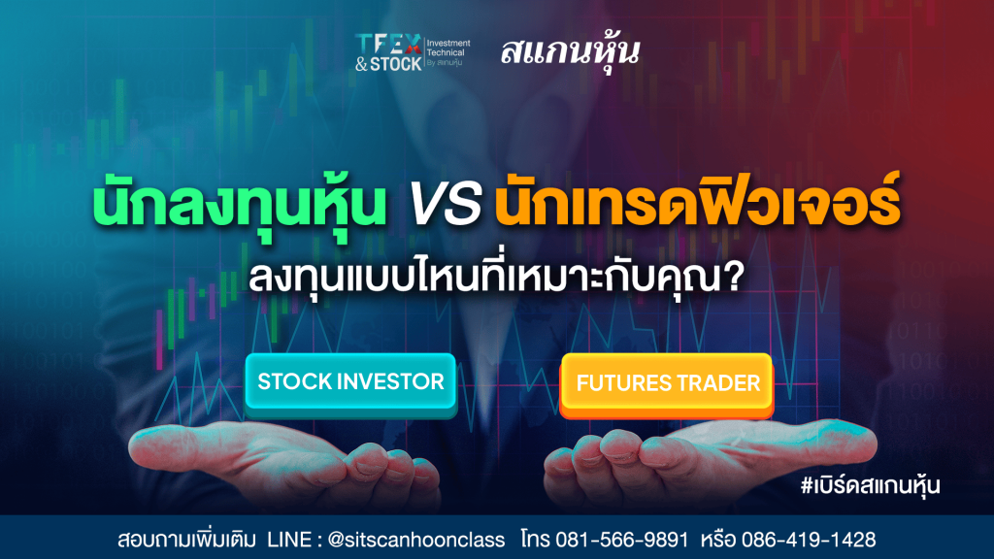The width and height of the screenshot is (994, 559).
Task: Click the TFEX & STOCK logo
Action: [413, 52]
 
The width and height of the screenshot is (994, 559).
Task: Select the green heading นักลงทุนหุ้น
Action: [239, 204]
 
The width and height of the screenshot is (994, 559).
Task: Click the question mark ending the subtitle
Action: [733, 277]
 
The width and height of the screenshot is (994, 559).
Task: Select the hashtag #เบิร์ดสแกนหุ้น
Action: [870, 485]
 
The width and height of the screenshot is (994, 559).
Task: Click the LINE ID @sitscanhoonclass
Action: [416, 540]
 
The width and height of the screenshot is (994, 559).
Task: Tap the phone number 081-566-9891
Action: [622, 540]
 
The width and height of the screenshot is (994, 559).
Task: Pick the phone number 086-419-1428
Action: [809, 540]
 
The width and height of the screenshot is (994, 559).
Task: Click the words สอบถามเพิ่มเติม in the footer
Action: [186, 540]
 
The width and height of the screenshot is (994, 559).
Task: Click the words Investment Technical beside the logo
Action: [448, 48]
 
